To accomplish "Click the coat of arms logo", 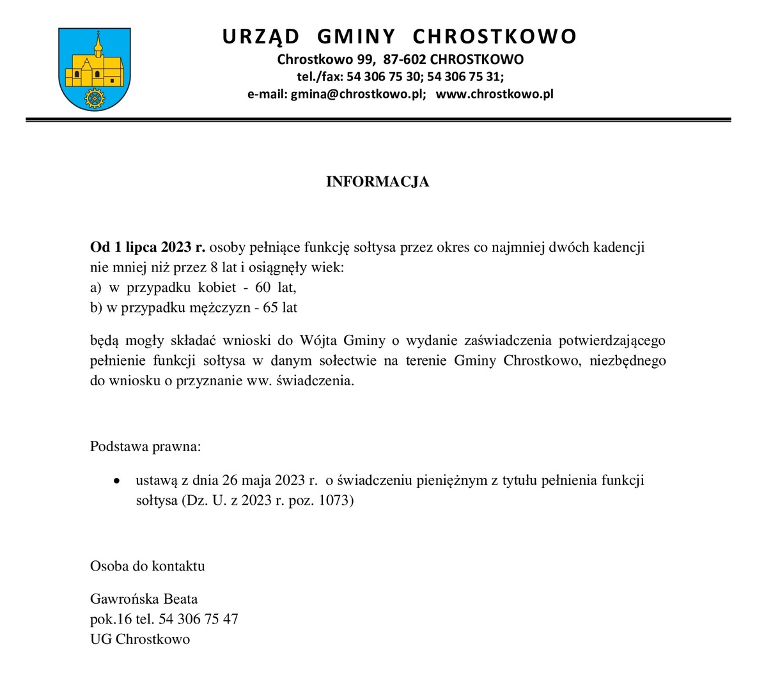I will pos(94,68).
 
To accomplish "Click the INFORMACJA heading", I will pos(377,182).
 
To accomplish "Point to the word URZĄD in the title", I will pos(261,36).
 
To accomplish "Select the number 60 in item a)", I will pos(263,287).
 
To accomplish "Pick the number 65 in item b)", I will pos(271,307).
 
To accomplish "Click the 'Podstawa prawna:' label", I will pos(146,446).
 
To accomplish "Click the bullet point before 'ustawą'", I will pos(116,480).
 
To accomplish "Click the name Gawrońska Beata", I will pos(144,599).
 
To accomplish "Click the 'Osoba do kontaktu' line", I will pos(148,566).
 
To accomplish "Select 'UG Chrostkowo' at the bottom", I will pos(140,639).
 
